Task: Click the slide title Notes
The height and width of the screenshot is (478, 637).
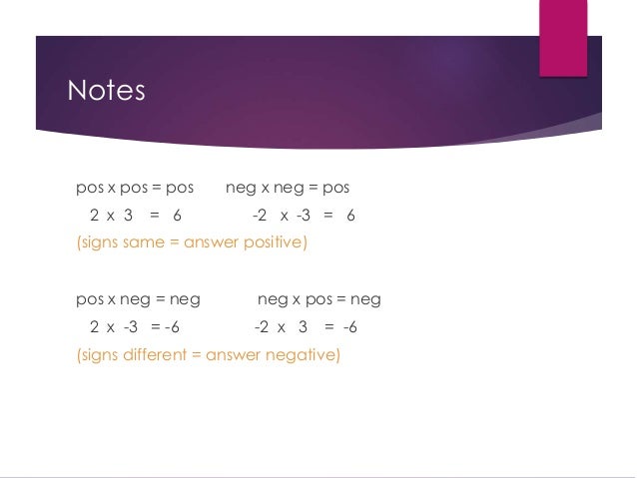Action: click(106, 91)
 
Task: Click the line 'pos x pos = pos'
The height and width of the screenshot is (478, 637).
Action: click(135, 188)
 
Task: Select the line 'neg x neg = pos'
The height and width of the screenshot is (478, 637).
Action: click(288, 188)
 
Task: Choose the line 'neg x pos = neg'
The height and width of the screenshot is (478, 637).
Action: click(318, 299)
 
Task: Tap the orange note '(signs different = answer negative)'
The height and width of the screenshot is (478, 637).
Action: click(208, 353)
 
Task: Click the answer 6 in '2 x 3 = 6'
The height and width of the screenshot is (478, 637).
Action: click(177, 216)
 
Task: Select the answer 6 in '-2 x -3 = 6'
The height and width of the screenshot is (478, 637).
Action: click(350, 216)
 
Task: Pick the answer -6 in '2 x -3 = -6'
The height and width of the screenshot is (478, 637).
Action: click(172, 327)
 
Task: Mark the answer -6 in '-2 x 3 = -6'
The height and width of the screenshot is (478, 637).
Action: click(349, 327)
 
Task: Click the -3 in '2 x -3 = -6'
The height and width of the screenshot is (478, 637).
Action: click(130, 327)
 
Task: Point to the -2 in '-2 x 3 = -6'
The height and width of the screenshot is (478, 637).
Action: click(261, 327)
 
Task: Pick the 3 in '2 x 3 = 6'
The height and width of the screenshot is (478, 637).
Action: click(129, 216)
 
